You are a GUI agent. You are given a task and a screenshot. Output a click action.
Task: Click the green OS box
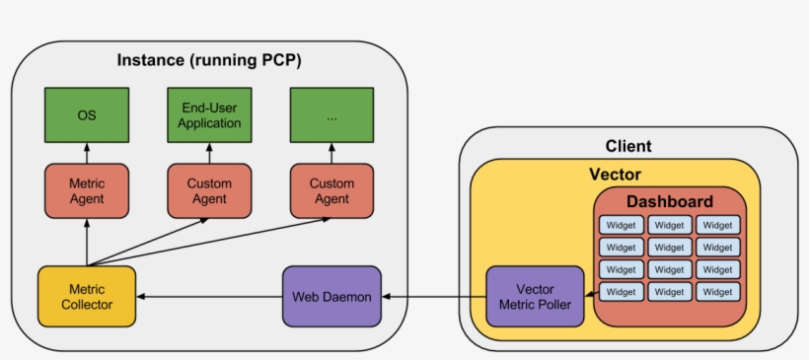[x=87, y=115]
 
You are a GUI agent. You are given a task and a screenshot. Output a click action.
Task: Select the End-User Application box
[x=210, y=115]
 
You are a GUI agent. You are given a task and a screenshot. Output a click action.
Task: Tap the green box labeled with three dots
[x=331, y=115]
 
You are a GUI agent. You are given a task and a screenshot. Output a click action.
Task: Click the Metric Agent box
[x=87, y=190]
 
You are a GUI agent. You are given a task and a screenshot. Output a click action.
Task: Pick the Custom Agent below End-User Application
[x=210, y=190]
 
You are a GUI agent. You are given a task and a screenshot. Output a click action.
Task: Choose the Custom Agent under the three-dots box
[x=331, y=190]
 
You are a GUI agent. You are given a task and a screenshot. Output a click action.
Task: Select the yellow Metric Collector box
[x=87, y=296]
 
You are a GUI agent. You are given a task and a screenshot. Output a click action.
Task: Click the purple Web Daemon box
[x=331, y=296]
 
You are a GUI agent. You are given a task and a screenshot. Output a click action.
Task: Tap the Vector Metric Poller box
[x=535, y=296]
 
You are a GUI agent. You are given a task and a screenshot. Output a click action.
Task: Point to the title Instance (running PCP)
[x=209, y=60]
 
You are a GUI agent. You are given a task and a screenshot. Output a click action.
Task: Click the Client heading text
[x=628, y=146]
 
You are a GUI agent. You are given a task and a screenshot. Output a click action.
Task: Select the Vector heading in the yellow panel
[x=615, y=175]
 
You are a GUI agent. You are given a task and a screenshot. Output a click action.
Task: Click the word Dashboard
[x=669, y=201]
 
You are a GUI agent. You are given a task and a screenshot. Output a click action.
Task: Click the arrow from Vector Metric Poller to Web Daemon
[x=434, y=296]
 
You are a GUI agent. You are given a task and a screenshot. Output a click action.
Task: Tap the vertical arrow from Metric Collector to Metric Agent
[x=87, y=242]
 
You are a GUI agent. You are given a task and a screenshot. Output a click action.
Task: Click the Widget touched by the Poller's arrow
[x=621, y=292]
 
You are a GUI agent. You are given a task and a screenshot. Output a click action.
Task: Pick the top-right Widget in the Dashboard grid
[x=717, y=224]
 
